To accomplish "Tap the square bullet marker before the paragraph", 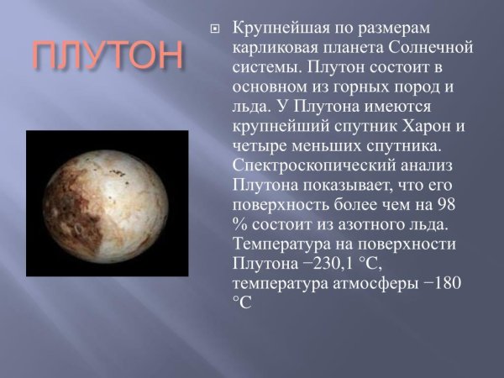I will point(213,30).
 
